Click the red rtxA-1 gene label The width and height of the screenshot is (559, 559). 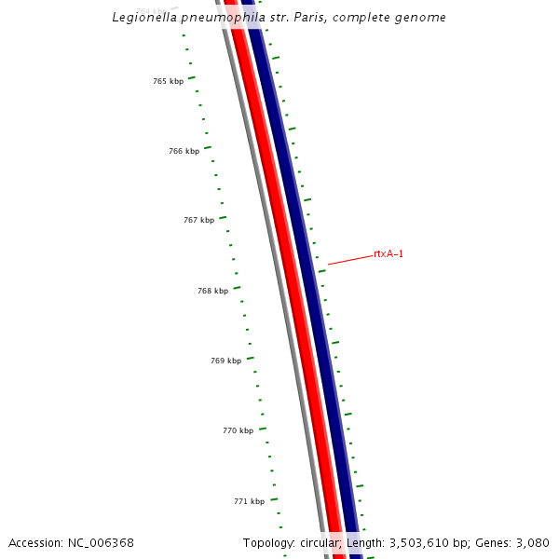click(x=389, y=253)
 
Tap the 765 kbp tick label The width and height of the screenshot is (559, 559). click(x=168, y=82)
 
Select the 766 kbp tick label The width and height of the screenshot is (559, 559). click(x=184, y=152)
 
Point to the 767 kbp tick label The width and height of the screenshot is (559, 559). click(x=198, y=221)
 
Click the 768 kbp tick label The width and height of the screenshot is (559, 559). click(x=212, y=291)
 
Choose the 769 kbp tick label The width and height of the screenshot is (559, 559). click(x=225, y=361)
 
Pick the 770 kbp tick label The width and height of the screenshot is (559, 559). click(x=238, y=431)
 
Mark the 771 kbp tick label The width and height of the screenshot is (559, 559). click(x=249, y=501)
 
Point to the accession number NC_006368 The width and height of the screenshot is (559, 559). click(x=101, y=542)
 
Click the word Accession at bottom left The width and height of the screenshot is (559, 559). click(x=36, y=542)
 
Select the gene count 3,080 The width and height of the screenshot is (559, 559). click(x=532, y=542)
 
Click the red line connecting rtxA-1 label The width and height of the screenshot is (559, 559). click(x=349, y=259)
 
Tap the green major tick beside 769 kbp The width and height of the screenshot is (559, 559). click(x=250, y=358)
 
